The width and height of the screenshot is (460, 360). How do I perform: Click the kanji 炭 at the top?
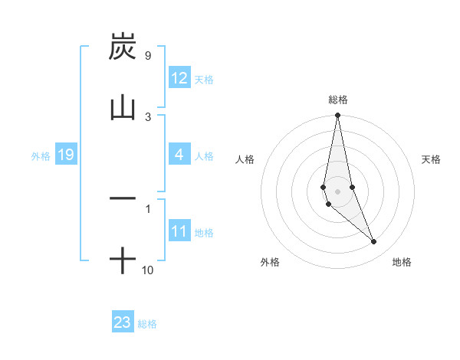[x=123, y=47]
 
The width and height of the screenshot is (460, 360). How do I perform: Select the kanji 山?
[x=123, y=107]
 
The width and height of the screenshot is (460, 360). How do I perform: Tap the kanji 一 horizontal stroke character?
[x=123, y=198]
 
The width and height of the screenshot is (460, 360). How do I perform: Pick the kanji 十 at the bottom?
[x=123, y=261]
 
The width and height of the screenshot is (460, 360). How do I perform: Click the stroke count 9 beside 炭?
[x=147, y=56]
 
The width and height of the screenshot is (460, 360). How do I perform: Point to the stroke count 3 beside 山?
[x=148, y=116]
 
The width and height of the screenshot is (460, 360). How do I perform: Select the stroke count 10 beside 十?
[x=148, y=270]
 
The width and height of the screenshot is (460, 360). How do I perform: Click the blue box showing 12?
[x=179, y=79]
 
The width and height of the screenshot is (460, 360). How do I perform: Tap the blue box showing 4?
[x=179, y=155]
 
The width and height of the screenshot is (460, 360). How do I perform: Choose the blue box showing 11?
[x=179, y=232]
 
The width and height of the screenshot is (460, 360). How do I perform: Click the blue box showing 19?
[x=65, y=155]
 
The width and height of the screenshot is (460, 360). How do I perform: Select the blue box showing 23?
[x=123, y=322]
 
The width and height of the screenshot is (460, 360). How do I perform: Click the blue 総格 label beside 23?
[x=147, y=324]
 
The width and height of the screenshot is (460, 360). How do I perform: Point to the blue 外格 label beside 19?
[x=41, y=156]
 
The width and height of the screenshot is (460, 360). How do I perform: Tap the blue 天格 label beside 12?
[x=204, y=80]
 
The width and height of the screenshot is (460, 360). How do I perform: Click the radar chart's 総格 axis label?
[x=338, y=100]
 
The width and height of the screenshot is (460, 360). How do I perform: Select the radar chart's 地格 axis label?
[x=402, y=262]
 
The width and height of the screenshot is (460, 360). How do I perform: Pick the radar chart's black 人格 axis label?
[x=245, y=159]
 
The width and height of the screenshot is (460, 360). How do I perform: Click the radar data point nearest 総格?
[x=337, y=116]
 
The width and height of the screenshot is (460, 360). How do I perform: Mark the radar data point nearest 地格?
[x=374, y=242]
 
